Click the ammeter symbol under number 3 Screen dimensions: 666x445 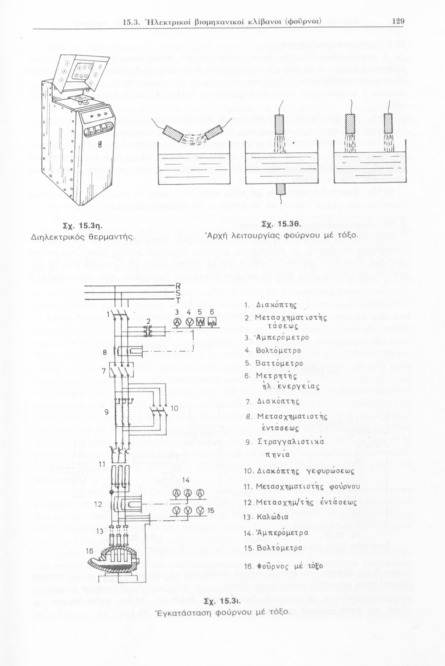pyautogui.click(x=177, y=321)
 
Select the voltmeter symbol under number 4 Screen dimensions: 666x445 pyautogui.click(x=189, y=321)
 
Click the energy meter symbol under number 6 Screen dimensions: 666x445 pyautogui.click(x=212, y=321)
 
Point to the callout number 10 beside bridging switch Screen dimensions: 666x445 pyautogui.click(x=174, y=408)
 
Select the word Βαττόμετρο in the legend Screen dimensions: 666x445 pyautogui.click(x=280, y=363)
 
